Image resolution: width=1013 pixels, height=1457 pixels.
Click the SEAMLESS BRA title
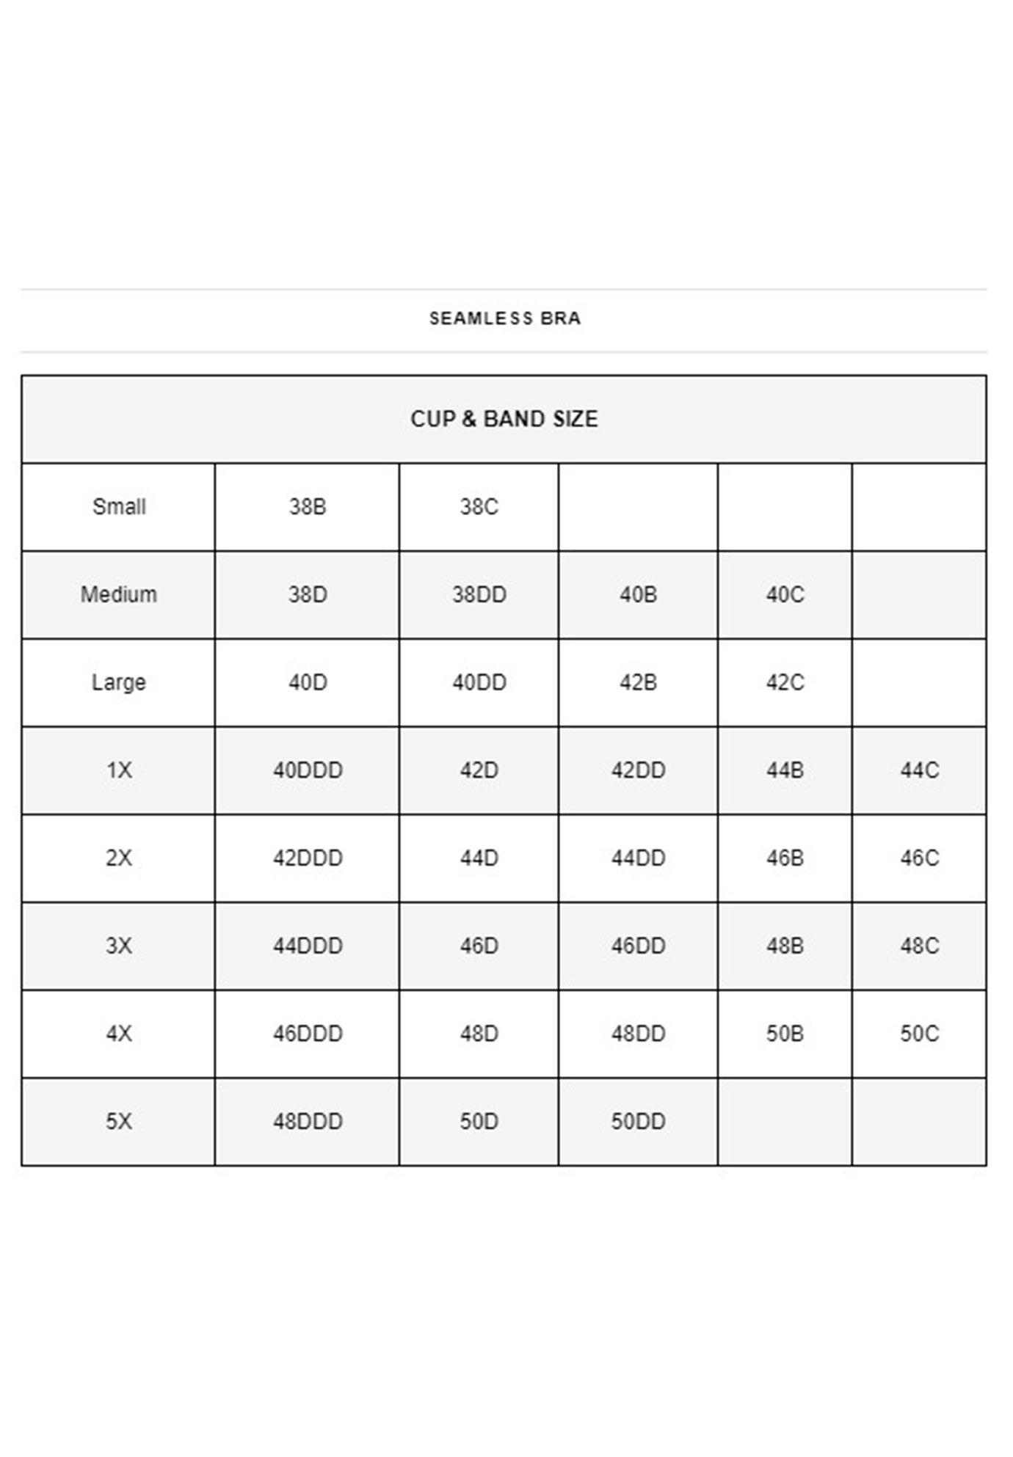tap(504, 318)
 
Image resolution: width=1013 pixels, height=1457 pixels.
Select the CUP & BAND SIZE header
tap(504, 419)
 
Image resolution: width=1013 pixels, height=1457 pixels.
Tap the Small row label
tap(119, 507)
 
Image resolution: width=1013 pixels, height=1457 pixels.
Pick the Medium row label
tap(119, 594)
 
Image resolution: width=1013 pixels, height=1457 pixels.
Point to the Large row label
tap(119, 682)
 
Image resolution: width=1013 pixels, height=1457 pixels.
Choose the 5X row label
tap(119, 1121)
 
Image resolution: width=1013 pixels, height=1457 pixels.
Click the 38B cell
tap(308, 507)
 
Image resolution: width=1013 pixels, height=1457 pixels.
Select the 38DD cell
tap(479, 594)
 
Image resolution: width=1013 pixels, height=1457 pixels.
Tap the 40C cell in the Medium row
tap(785, 594)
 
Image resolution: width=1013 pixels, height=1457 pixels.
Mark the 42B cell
tap(638, 682)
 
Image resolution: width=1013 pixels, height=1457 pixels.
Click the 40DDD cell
tap(308, 770)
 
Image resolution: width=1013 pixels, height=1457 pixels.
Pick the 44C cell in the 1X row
tap(919, 770)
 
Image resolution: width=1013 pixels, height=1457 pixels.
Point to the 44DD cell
tap(638, 858)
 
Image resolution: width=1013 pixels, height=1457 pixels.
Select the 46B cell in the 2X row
tap(785, 858)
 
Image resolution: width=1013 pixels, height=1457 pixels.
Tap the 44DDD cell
tap(308, 946)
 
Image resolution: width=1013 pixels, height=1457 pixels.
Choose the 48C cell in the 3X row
tap(919, 946)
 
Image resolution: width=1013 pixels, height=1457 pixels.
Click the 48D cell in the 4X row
tap(479, 1034)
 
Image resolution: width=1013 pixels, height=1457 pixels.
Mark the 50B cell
tap(785, 1034)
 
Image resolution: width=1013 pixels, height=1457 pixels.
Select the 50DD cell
tap(638, 1121)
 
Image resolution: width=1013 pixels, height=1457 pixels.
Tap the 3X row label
tap(119, 946)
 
